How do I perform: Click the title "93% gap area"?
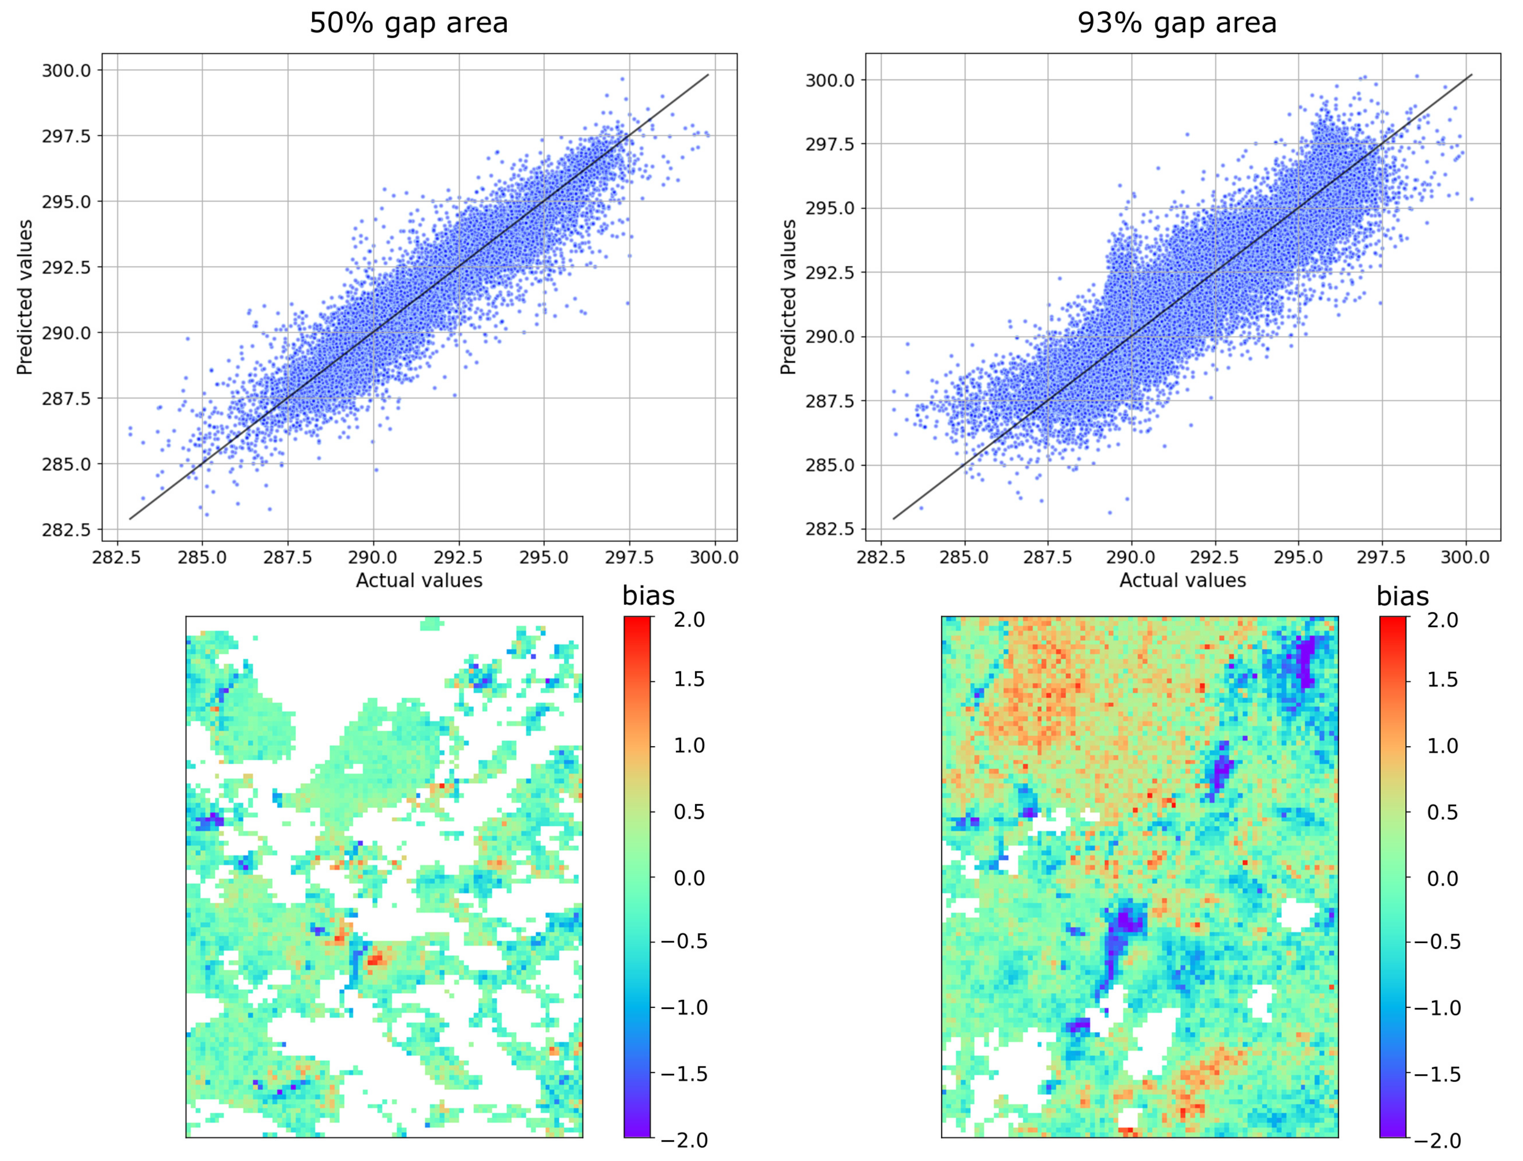click(x=1177, y=23)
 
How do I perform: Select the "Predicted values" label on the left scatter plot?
click(x=25, y=297)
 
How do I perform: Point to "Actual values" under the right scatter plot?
click(x=1182, y=580)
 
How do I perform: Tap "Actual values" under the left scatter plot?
click(x=419, y=580)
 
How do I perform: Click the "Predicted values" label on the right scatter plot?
click(x=788, y=297)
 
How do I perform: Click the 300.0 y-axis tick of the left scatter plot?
click(x=66, y=70)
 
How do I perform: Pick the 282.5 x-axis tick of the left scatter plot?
click(x=117, y=557)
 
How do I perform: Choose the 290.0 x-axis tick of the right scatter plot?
click(x=1131, y=557)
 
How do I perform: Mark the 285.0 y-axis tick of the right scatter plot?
click(x=830, y=465)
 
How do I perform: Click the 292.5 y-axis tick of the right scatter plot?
click(x=830, y=272)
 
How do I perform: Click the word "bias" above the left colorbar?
click(x=648, y=596)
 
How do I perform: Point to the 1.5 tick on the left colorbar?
click(x=689, y=679)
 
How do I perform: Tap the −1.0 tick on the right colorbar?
click(x=1438, y=1008)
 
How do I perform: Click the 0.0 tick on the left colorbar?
click(x=689, y=878)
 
